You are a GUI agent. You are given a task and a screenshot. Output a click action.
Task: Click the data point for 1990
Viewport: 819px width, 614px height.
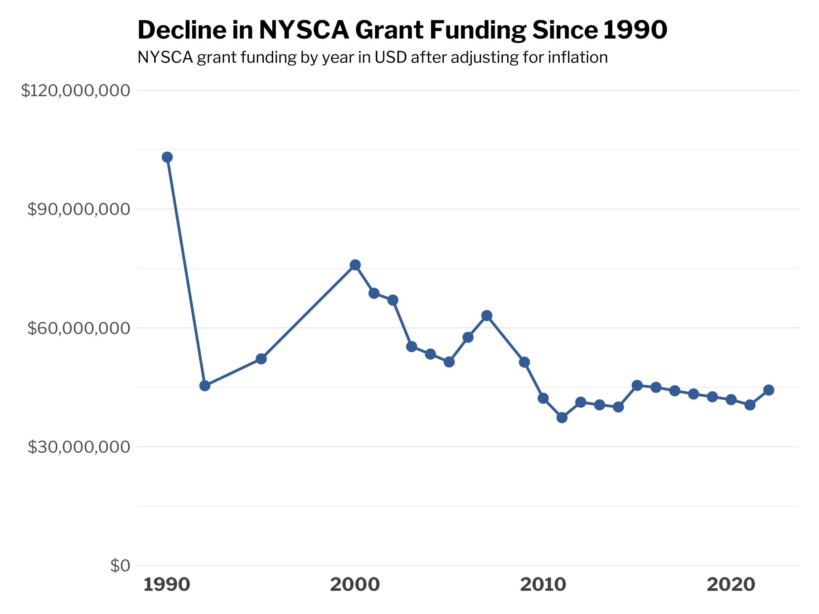(x=167, y=157)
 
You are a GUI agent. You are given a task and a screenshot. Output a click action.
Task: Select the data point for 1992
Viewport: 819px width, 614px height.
(x=205, y=386)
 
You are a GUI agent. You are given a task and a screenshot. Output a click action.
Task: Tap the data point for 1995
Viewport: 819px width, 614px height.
(x=261, y=359)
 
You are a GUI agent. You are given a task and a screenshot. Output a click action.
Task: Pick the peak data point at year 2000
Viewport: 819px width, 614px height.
(x=355, y=265)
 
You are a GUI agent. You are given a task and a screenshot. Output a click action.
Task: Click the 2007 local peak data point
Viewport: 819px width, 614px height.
(x=487, y=316)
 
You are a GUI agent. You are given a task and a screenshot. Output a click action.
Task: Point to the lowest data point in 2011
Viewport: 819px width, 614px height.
(x=562, y=418)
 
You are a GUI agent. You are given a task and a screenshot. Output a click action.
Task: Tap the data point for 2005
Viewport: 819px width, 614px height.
(x=449, y=362)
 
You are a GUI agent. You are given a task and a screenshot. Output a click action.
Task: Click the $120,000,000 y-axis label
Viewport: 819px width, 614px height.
(x=75, y=91)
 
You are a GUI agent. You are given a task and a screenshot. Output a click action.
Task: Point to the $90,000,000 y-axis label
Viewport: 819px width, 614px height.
(x=79, y=209)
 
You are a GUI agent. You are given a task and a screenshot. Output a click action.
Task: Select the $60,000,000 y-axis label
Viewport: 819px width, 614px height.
(x=79, y=328)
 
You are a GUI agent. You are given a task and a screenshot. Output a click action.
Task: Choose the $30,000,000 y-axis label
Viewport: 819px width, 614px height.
(x=79, y=447)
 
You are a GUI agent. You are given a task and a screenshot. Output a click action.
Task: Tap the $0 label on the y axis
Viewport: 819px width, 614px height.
(x=120, y=566)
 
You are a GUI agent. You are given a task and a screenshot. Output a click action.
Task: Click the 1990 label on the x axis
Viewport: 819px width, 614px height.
(x=167, y=585)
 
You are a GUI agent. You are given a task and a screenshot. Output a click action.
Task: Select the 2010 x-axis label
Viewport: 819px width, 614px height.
(x=543, y=585)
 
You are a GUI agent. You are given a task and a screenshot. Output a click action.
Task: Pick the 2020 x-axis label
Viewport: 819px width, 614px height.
(x=731, y=585)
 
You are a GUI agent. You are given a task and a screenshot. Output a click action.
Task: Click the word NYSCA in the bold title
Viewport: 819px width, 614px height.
(x=304, y=30)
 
